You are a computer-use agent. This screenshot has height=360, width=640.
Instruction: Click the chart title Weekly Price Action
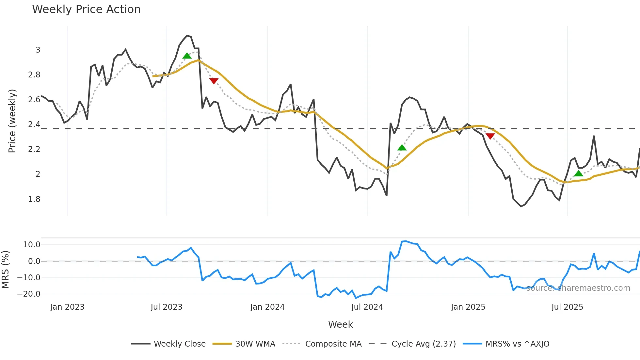(x=86, y=9)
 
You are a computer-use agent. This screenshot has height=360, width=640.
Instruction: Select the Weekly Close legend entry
(x=179, y=344)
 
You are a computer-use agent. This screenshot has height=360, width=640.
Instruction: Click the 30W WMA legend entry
(x=255, y=344)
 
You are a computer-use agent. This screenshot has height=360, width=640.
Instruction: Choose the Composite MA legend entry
(x=333, y=344)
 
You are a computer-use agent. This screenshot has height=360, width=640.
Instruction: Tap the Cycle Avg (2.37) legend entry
(x=424, y=344)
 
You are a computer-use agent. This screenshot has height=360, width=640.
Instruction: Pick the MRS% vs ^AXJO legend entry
(x=517, y=344)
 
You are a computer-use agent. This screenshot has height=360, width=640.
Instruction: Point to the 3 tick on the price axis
(x=38, y=50)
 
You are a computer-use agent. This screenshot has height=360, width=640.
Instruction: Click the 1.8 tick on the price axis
(x=34, y=199)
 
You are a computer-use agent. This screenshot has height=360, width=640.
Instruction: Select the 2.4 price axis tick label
(x=34, y=124)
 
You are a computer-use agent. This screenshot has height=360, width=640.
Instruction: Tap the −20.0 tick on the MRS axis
(x=29, y=294)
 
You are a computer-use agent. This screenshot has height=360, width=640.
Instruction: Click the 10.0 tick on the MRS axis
(x=32, y=245)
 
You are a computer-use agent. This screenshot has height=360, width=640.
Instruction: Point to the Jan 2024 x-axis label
(x=267, y=307)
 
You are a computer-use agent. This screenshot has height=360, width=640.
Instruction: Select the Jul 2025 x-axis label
(x=567, y=307)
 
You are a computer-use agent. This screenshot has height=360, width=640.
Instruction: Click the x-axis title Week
(x=340, y=324)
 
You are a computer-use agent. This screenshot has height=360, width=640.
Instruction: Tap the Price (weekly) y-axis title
(x=12, y=121)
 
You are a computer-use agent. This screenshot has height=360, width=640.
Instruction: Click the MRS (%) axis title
(x=5, y=270)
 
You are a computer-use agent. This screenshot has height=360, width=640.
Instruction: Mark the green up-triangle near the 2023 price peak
(x=187, y=56)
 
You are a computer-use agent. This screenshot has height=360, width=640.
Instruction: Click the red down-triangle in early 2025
(x=490, y=136)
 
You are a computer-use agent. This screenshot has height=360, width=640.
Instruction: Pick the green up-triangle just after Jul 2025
(x=578, y=173)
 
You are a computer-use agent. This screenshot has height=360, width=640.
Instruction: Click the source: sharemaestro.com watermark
(x=578, y=288)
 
